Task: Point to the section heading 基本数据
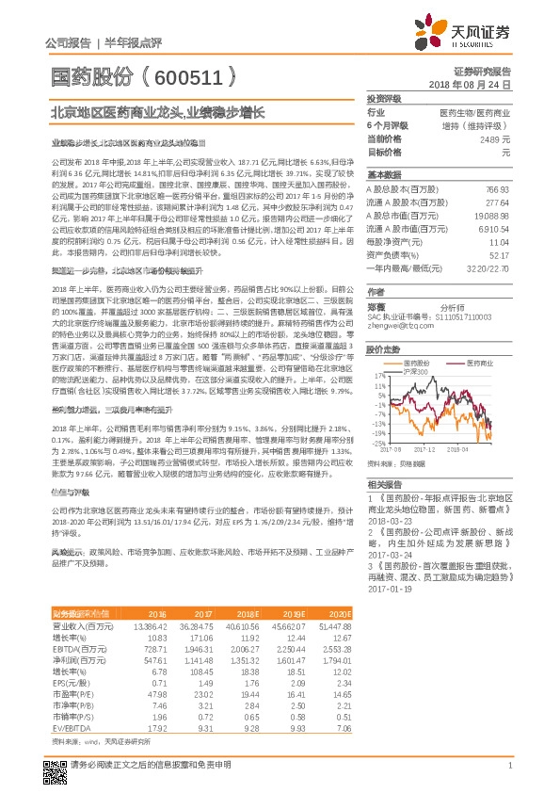coord(383,175)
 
